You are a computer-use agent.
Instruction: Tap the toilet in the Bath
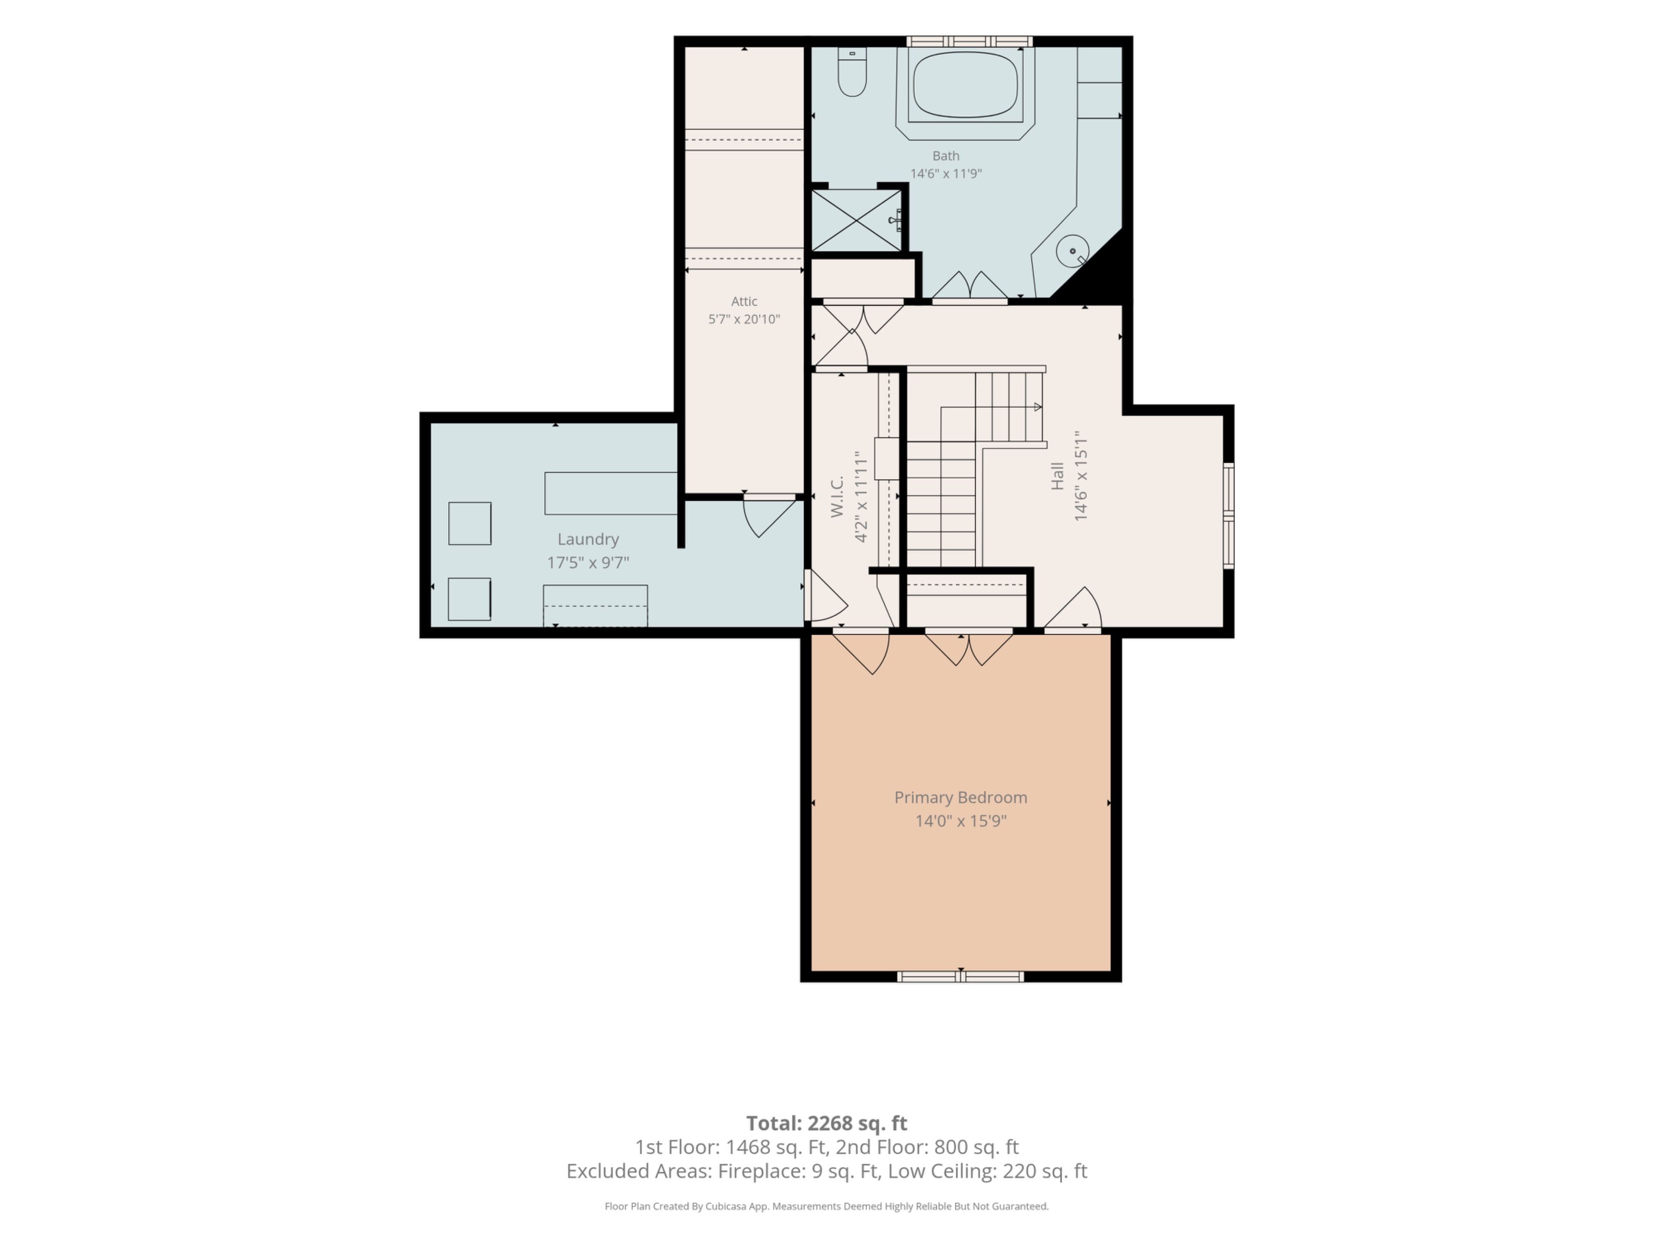click(x=852, y=72)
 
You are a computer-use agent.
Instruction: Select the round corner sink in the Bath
click(x=1072, y=251)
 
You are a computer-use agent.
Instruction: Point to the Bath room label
click(x=946, y=155)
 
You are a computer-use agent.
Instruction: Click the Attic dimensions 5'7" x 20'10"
click(x=744, y=319)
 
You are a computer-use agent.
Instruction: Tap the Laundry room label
click(x=588, y=539)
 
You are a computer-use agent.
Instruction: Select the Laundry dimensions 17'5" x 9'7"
click(x=588, y=562)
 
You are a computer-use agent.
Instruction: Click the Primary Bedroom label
click(x=961, y=797)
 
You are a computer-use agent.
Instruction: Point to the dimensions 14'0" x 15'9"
click(x=961, y=821)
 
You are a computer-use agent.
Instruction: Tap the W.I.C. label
click(x=837, y=496)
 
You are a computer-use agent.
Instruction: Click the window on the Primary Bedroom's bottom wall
click(x=960, y=976)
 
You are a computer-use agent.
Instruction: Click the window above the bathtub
click(x=969, y=41)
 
